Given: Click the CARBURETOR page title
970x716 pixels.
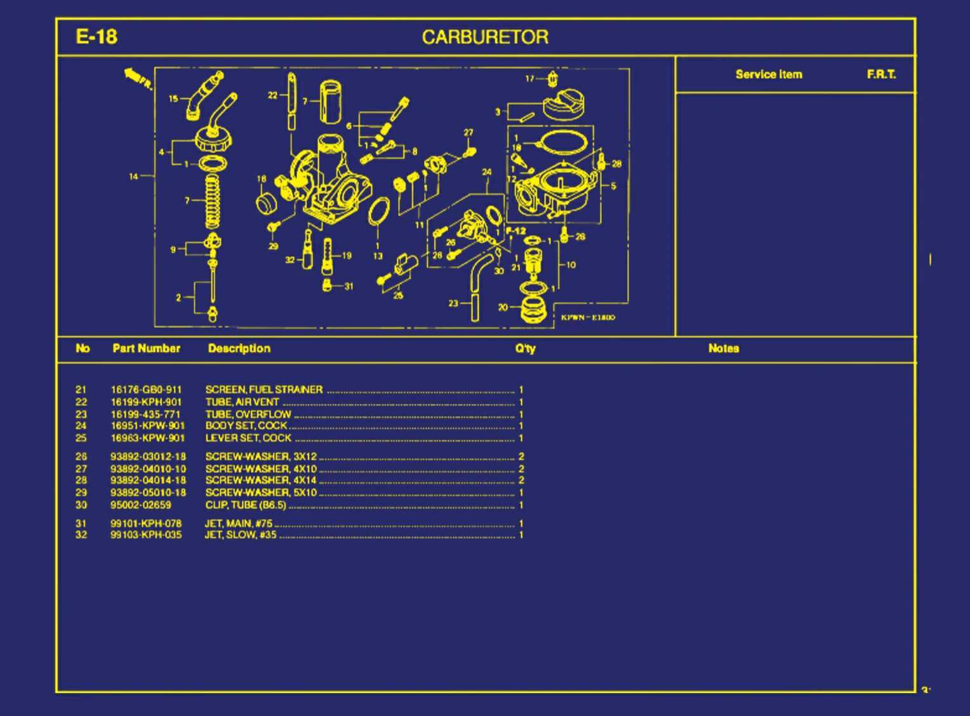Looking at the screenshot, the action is pyautogui.click(x=485, y=37).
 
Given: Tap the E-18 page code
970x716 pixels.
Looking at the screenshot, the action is pyautogui.click(x=96, y=37).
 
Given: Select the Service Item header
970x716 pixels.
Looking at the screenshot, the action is pyautogui.click(x=769, y=74).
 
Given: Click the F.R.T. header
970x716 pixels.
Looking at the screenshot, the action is pyautogui.click(x=881, y=74).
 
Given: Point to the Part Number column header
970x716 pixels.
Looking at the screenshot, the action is pyautogui.click(x=146, y=348).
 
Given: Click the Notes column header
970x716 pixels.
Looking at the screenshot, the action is pyautogui.click(x=724, y=348).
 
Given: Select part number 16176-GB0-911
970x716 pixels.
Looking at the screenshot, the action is pyautogui.click(x=146, y=389).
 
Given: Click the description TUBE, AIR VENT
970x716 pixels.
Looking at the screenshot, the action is pyautogui.click(x=242, y=402).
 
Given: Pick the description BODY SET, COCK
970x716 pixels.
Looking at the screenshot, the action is pyautogui.click(x=246, y=426).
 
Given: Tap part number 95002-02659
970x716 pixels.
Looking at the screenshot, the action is pyautogui.click(x=141, y=505).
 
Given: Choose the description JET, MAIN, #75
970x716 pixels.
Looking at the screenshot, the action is pyautogui.click(x=238, y=523).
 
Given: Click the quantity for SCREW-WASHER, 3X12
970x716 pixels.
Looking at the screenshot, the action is pyautogui.click(x=521, y=457).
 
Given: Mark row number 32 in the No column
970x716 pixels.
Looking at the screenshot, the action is pyautogui.click(x=81, y=535).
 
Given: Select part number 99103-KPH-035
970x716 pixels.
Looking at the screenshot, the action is pyautogui.click(x=146, y=535).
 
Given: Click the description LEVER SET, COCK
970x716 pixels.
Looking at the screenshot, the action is pyautogui.click(x=248, y=438).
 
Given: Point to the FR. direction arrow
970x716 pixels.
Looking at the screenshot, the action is pyautogui.click(x=138, y=78).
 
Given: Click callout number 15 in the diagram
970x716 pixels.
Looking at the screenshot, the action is pyautogui.click(x=173, y=98).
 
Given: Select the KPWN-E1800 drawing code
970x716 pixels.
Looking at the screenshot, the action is pyautogui.click(x=588, y=317).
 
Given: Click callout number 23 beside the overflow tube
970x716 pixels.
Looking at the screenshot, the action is pyautogui.click(x=453, y=303).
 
